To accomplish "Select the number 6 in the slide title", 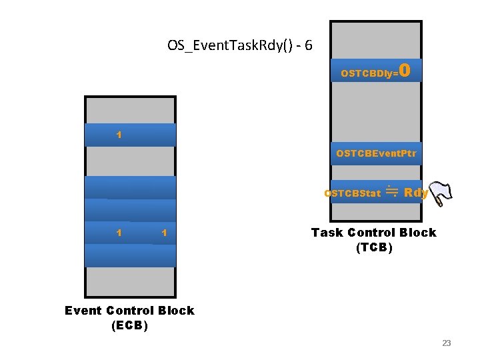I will pyautogui.click(x=307, y=46).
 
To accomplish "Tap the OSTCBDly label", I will pyautogui.click(x=367, y=73).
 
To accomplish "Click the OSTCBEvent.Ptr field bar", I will pyautogui.click(x=377, y=153).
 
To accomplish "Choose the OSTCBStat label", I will pyautogui.click(x=353, y=194).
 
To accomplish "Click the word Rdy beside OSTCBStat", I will pyautogui.click(x=415, y=193).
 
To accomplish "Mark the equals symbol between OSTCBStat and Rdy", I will pyautogui.click(x=392, y=192).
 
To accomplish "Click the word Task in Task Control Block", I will pyautogui.click(x=327, y=233).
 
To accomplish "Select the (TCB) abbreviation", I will pyautogui.click(x=374, y=248).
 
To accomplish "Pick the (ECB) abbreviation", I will pyautogui.click(x=129, y=326).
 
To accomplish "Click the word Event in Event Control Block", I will pyautogui.click(x=83, y=311).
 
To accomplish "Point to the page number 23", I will pyautogui.click(x=447, y=343).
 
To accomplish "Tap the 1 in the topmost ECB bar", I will pyautogui.click(x=119, y=135).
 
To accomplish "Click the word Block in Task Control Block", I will pyautogui.click(x=419, y=233).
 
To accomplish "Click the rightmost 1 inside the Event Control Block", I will pyautogui.click(x=164, y=233).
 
